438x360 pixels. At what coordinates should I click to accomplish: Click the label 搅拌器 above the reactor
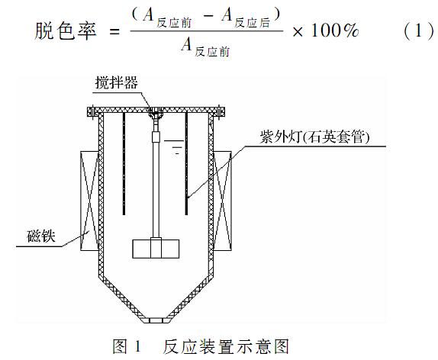pos(117,82)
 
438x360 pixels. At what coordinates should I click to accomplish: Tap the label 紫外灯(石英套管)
pos(315,137)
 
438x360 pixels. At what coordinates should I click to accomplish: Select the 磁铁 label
pos(41,236)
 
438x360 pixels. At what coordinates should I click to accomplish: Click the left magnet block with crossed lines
pos(89,201)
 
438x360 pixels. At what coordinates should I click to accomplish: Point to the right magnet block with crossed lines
pos(223,201)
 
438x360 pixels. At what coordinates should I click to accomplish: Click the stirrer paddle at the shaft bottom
pos(156,248)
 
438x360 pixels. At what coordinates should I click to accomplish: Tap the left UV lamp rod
pos(124,164)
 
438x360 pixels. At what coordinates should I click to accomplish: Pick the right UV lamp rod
pos(187,164)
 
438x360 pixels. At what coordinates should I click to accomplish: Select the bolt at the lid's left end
pos(93,111)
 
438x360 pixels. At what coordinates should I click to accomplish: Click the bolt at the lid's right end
pos(219,111)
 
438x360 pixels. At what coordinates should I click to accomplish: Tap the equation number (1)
pos(418,31)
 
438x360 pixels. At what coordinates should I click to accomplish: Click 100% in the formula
pos(335,31)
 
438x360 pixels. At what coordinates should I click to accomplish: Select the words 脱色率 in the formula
pos(66,31)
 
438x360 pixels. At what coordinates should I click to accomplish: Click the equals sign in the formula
pos(114,31)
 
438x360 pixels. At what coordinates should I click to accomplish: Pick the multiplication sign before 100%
pos(298,31)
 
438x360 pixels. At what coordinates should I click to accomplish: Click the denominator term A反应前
pos(205,47)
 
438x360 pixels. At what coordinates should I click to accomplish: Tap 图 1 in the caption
pos(127,346)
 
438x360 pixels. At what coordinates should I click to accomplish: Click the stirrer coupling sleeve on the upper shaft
pos(156,137)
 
